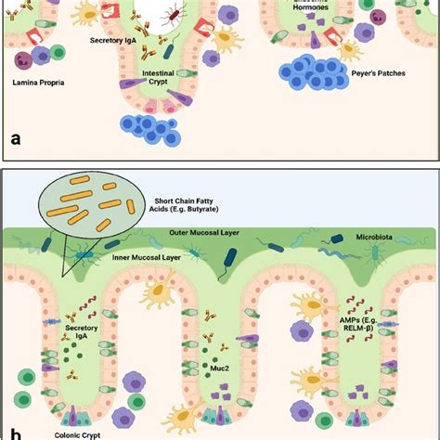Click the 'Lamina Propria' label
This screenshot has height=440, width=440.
coord(45,83)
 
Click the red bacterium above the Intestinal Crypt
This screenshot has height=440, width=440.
coord(174,14)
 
